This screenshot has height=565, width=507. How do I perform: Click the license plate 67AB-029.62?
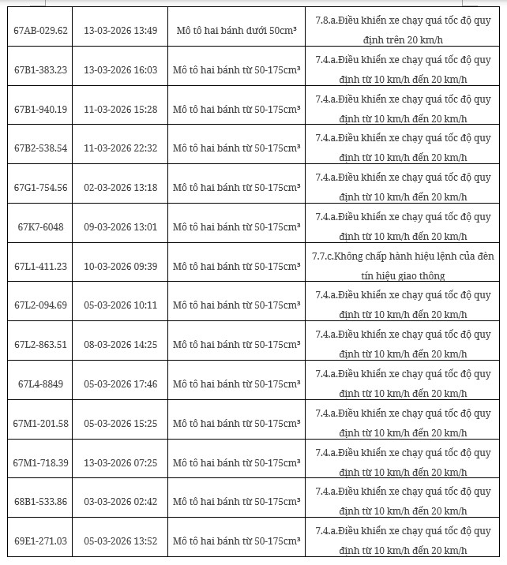point(41,31)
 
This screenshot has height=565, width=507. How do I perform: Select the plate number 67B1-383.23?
point(41,70)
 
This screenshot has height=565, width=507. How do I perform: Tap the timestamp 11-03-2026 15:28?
point(121,109)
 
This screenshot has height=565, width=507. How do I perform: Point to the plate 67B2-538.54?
point(41,148)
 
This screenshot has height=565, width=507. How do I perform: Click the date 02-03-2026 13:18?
point(121,188)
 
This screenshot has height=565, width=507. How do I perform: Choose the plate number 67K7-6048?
point(41,227)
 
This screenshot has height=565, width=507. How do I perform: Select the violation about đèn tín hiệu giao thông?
point(403,266)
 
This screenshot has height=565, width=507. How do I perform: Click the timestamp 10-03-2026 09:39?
point(121,266)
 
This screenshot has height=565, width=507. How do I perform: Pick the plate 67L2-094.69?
point(41,305)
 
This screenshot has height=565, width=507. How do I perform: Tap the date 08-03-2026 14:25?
point(121,345)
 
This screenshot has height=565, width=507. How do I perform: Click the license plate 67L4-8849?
point(41,384)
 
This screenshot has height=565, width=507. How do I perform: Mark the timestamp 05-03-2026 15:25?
point(121,424)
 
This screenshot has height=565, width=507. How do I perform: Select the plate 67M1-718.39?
point(41,462)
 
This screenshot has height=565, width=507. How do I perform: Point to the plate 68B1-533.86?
point(41,502)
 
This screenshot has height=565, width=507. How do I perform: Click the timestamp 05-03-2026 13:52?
point(121,541)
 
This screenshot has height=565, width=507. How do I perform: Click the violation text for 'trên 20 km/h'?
point(403,31)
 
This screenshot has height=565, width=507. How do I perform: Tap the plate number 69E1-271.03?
point(41,541)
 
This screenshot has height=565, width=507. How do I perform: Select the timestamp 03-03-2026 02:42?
point(121,502)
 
